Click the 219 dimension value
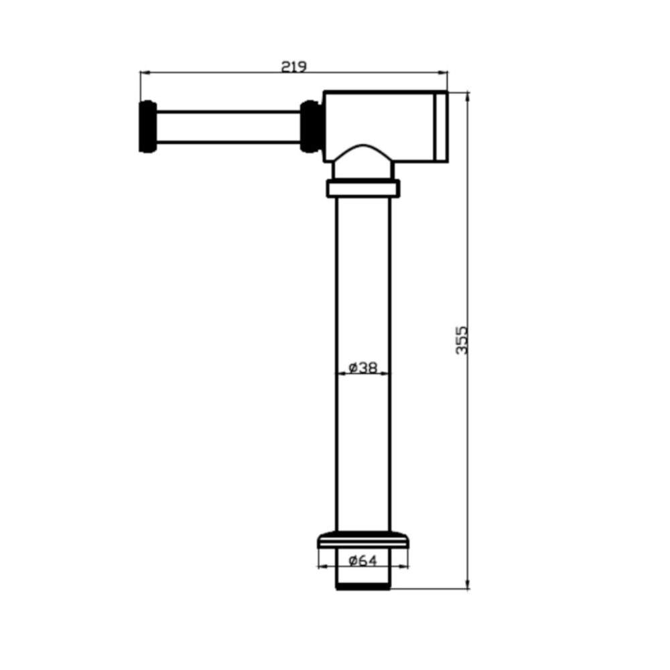(x=293, y=66)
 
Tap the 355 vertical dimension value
(x=462, y=340)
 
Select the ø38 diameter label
(x=362, y=367)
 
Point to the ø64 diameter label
(x=362, y=560)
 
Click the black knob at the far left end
(x=148, y=127)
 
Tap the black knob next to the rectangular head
(x=311, y=127)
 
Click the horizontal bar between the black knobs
(x=228, y=127)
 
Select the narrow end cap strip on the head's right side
(x=441, y=127)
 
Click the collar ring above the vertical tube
(x=363, y=188)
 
